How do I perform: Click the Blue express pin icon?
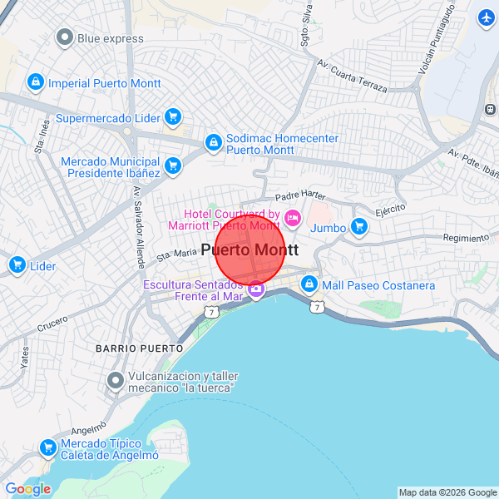pos(64,37)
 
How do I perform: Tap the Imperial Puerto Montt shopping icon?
pos(35,82)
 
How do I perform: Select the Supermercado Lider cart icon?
pos(172,117)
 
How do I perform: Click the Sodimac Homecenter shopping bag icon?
pos(214,143)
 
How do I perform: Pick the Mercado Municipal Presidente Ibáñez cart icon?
pos(173,166)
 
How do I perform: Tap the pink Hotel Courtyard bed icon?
pos(292,219)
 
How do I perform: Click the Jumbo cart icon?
pos(359,226)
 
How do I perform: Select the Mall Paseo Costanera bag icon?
pos(309,285)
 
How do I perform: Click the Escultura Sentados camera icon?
pos(256,291)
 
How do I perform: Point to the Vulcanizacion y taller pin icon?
pos(116,381)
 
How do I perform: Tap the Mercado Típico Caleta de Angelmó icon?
pos(47,448)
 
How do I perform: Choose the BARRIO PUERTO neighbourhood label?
pos(139,347)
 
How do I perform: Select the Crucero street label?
pos(52,322)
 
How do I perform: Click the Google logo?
pos(27,489)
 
